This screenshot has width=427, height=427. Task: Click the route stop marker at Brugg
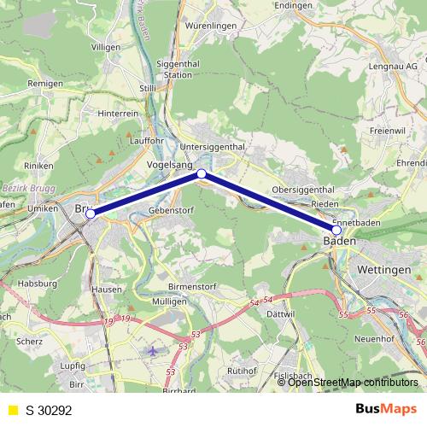coord(91,214)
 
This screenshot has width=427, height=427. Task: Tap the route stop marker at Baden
coord(336,231)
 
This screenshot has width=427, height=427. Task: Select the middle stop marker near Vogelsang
coord(202,174)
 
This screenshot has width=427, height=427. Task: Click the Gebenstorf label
coord(167,210)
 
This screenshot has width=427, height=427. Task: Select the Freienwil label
coord(388,131)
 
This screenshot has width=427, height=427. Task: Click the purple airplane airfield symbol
coord(153,351)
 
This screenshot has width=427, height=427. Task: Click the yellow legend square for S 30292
coord(12,410)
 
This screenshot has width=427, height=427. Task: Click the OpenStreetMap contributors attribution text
coord(353,383)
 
